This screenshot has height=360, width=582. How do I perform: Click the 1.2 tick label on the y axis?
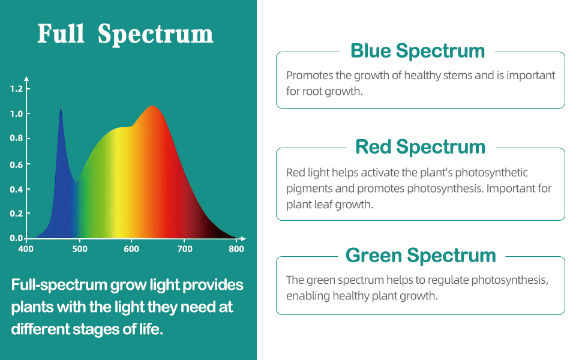[x=16, y=89]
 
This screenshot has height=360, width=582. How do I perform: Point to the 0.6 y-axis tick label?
[x=16, y=164]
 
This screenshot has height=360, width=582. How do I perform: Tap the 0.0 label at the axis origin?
[x=16, y=238]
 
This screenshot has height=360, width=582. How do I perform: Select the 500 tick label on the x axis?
[x=80, y=248]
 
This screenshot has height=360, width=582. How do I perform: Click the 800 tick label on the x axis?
[x=236, y=248]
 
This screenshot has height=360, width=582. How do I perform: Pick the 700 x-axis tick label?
[x=185, y=248]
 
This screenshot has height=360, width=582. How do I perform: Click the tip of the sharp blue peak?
[x=61, y=108]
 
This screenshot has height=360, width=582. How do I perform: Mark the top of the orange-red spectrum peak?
[x=152, y=107]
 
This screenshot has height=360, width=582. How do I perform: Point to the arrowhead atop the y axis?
[x=26, y=79]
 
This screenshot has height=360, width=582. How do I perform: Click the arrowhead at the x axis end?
[x=243, y=238]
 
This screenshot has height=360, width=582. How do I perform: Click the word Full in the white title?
[x=61, y=34]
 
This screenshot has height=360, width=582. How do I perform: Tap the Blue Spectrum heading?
[x=418, y=51]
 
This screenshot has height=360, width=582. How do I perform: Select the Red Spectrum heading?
[x=420, y=147]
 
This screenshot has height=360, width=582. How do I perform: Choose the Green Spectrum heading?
[x=421, y=256]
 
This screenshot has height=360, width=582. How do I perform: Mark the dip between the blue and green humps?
[x=76, y=182]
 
